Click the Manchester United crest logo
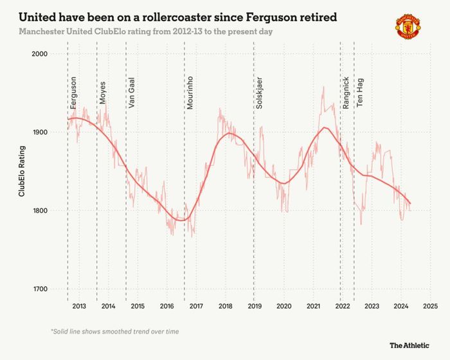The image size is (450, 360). [408, 26]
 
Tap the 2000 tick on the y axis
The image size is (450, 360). [40, 54]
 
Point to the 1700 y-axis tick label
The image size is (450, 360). [40, 289]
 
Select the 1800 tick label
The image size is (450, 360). [40, 210]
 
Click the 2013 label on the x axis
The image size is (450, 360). [79, 306]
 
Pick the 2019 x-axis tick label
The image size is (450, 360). [255, 306]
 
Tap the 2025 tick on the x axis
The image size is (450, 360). [431, 306]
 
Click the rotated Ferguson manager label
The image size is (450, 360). [73, 93]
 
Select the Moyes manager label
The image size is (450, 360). [102, 93]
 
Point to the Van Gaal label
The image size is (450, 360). [131, 93]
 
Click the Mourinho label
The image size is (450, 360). [190, 93]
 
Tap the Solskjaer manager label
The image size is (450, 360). [259, 93]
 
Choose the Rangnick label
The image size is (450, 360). [346, 93]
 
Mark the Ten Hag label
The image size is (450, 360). [360, 93]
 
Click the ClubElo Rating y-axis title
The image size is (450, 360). [22, 172]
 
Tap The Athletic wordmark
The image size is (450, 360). [410, 345]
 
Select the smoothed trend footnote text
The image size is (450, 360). [115, 332]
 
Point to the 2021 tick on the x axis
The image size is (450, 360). [314, 306]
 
